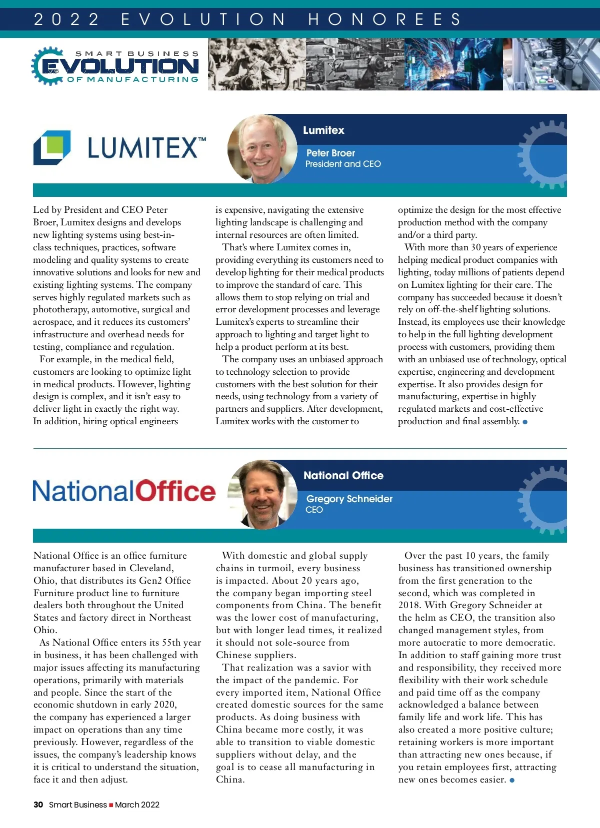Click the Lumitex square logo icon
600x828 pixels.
(x=52, y=147)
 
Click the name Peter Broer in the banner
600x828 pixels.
(x=330, y=153)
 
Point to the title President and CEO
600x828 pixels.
(x=343, y=164)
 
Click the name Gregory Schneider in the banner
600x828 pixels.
(x=349, y=499)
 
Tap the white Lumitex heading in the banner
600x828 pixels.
(x=323, y=130)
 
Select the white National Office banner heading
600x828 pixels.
(x=343, y=476)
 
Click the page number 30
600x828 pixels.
(x=38, y=805)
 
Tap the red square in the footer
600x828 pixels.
(x=111, y=805)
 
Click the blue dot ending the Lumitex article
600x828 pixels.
(x=525, y=422)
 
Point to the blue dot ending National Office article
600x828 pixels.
(x=512, y=780)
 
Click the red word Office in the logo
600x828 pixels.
(x=175, y=491)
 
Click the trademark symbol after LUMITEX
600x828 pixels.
(x=202, y=139)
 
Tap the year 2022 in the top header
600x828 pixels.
(x=66, y=19)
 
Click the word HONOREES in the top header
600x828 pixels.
(x=384, y=19)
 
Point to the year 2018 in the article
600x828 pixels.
(x=409, y=605)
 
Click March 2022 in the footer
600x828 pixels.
(x=137, y=805)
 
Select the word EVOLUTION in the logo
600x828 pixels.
(x=120, y=66)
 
